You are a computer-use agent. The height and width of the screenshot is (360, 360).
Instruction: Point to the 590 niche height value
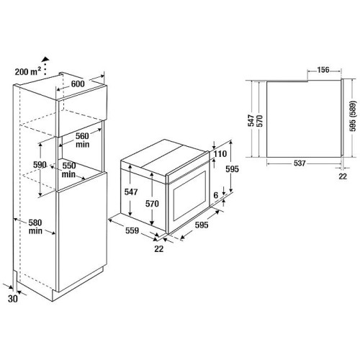40,165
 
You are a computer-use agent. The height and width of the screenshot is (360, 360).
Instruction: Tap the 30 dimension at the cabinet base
14,297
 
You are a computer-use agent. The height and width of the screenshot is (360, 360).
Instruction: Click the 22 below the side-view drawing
343,175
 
